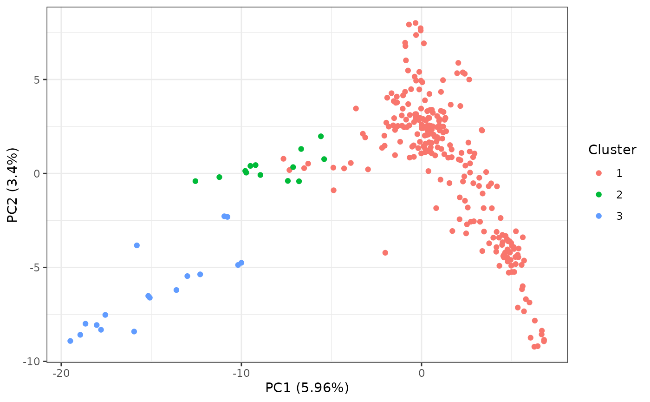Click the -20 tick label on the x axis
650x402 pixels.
click(60, 373)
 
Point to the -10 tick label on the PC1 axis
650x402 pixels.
click(241, 373)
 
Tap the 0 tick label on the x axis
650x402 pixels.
click(421, 373)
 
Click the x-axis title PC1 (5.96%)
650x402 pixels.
click(307, 388)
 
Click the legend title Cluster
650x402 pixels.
click(612, 150)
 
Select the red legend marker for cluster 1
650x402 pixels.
click(598, 173)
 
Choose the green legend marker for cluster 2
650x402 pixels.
click(598, 195)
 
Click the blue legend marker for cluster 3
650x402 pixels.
click(598, 216)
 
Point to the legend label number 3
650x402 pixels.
click(619, 216)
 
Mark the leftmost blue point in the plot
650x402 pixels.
click(70, 341)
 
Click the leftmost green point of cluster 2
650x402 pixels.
click(195, 181)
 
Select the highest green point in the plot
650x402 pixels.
click(321, 136)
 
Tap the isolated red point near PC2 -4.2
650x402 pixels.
click(385, 253)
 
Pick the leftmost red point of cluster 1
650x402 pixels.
click(283, 158)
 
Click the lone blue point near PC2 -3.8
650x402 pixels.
click(137, 245)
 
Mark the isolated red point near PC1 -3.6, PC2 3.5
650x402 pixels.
click(356, 108)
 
